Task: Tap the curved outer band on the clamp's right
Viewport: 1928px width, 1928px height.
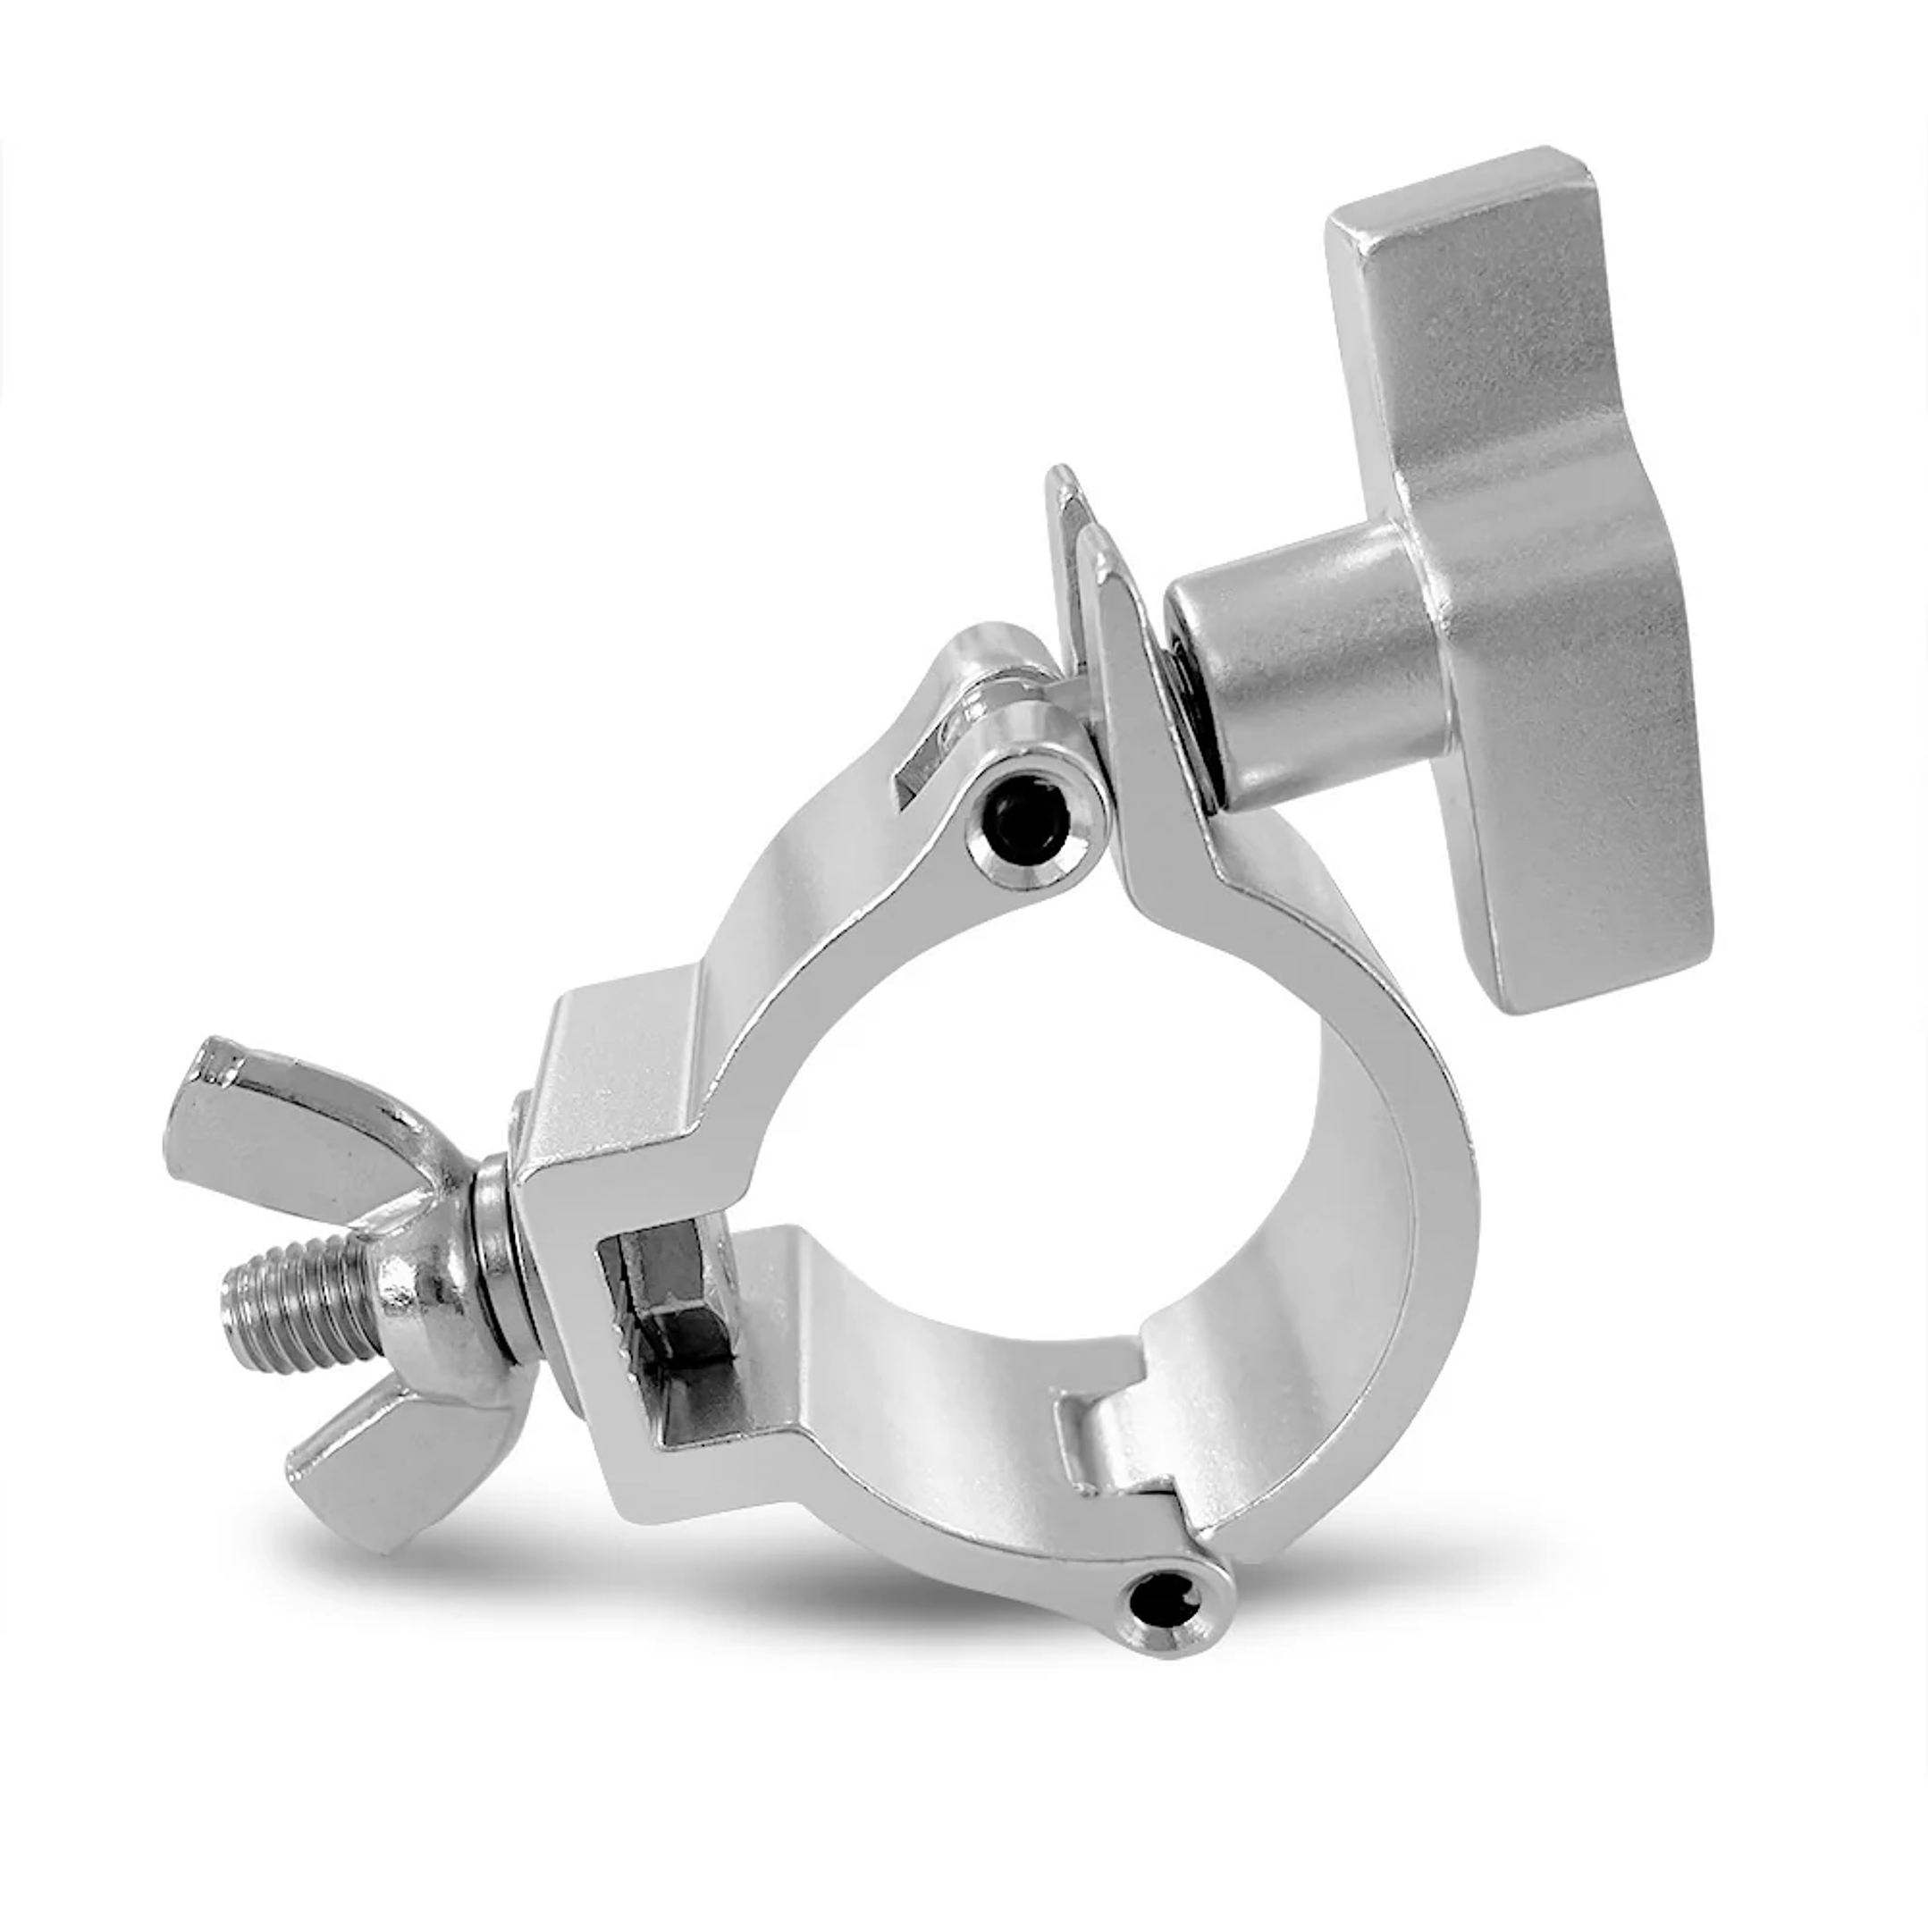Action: coord(1437,1198)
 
